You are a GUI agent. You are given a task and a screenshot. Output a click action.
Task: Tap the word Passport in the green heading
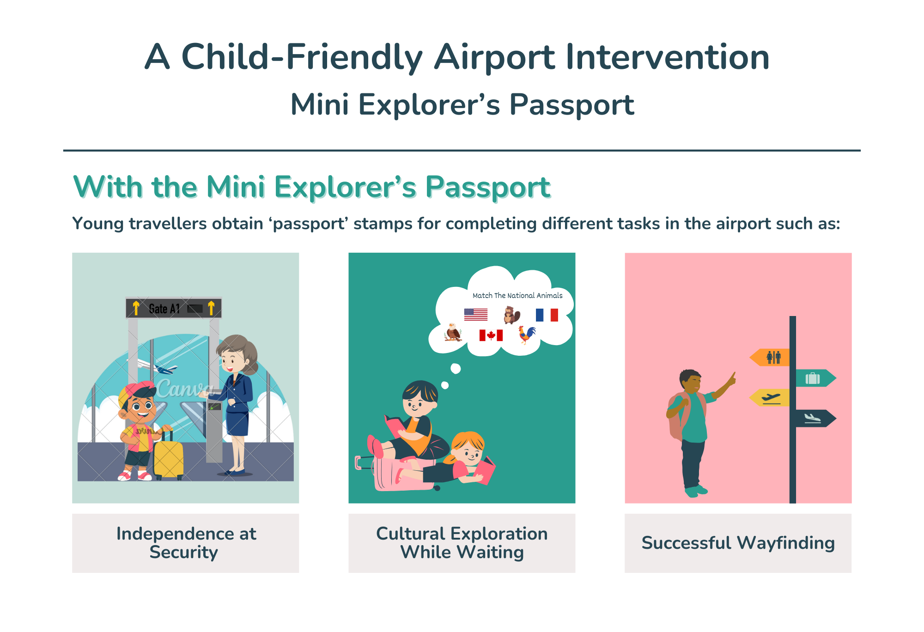point(488,188)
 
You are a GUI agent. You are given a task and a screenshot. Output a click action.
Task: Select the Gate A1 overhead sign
point(174,308)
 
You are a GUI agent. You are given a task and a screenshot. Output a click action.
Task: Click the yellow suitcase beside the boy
point(169,455)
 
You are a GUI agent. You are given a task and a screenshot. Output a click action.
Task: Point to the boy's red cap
point(138,391)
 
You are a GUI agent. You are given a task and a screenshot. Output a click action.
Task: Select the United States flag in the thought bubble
point(476,315)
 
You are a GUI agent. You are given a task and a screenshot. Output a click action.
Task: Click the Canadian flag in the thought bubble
point(491,335)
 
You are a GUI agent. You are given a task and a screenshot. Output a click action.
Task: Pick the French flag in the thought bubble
point(547,315)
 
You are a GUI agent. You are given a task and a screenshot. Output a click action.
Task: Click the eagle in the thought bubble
point(453,332)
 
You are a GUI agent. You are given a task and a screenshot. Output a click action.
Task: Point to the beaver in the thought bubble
point(511,315)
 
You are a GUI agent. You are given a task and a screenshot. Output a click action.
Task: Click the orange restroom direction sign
point(770,357)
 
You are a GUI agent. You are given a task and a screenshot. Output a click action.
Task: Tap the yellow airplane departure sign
point(770,397)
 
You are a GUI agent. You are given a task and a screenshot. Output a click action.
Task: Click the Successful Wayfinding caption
point(738,543)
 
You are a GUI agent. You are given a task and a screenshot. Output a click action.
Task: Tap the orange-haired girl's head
point(468,448)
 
